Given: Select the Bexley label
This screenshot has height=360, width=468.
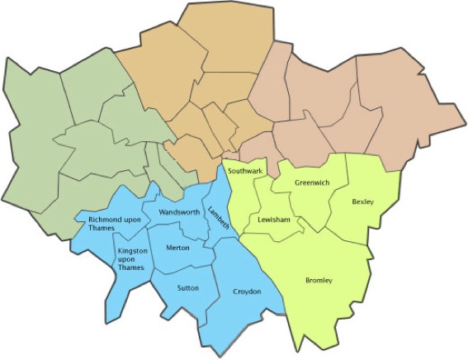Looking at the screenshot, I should [362, 201].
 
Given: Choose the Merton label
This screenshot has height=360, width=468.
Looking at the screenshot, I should [177, 248].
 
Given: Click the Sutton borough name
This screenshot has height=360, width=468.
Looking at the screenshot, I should [187, 287].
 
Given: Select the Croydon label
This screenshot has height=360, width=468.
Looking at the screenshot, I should [247, 292].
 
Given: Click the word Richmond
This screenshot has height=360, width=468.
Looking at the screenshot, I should [104, 220].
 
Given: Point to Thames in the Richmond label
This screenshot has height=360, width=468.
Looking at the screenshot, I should [102, 229].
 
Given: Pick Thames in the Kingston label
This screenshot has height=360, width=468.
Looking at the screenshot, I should [132, 268].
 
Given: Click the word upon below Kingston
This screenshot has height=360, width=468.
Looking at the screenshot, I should [126, 259].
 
